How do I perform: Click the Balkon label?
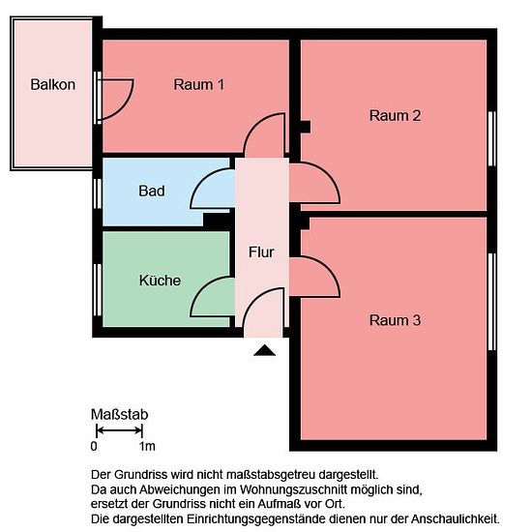click(x=53, y=84)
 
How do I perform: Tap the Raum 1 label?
click(x=199, y=84)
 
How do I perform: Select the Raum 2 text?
click(x=395, y=116)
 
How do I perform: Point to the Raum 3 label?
click(x=395, y=320)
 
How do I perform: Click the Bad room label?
click(x=152, y=191)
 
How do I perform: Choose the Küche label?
click(x=160, y=281)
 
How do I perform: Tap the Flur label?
click(x=261, y=252)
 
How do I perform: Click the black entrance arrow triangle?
click(x=265, y=350)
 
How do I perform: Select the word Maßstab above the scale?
click(x=119, y=414)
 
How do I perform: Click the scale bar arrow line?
click(x=119, y=430)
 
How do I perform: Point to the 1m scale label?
click(x=147, y=446)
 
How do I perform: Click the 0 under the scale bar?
click(x=94, y=446)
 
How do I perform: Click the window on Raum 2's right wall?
click(x=492, y=138)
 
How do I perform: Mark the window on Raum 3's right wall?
click(x=492, y=302)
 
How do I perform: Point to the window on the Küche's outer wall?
click(x=98, y=290)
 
